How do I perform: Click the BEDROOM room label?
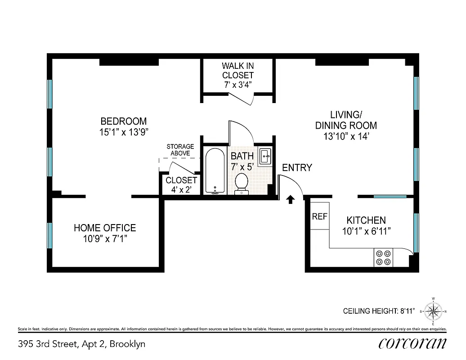click(x=123, y=121)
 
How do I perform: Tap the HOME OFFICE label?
click(x=104, y=228)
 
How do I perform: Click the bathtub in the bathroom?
click(x=215, y=171)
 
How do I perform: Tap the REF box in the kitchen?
click(x=319, y=216)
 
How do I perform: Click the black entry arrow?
click(x=291, y=198)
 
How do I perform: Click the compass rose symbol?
click(x=433, y=311)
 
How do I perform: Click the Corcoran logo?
click(x=412, y=343)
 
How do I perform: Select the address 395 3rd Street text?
click(x=81, y=344)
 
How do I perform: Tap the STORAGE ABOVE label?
click(x=180, y=150)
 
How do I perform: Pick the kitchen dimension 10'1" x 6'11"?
click(x=366, y=231)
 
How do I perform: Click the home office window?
click(x=50, y=235)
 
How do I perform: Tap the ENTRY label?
click(x=297, y=168)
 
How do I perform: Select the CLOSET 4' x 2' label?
click(x=181, y=185)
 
